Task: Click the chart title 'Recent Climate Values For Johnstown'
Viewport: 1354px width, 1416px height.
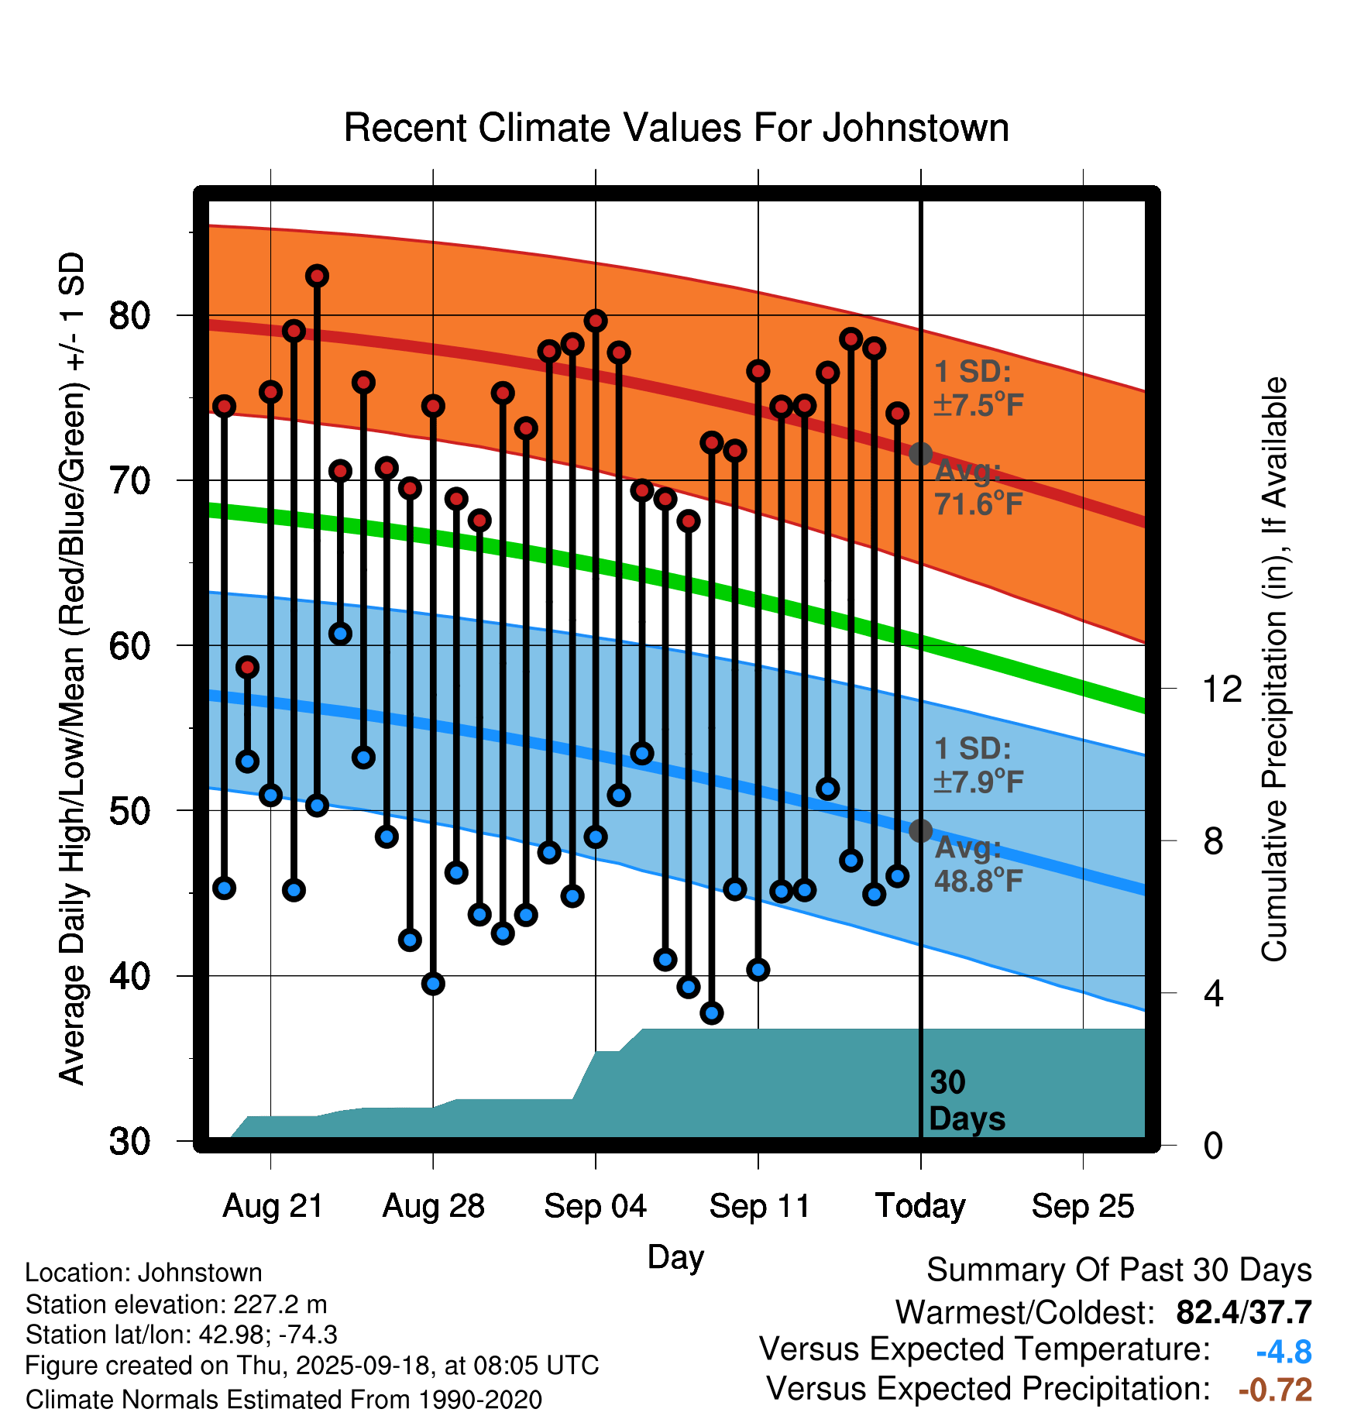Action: point(676,128)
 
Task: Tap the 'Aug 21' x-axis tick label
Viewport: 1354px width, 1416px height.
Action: point(273,1206)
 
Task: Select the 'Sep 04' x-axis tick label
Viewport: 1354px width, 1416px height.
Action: point(595,1206)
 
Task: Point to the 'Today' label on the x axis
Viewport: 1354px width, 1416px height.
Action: point(920,1206)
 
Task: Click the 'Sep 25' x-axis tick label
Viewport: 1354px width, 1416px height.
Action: point(1082,1206)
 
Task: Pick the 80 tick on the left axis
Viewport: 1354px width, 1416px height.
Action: point(129,316)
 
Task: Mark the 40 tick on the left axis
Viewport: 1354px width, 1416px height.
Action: point(129,976)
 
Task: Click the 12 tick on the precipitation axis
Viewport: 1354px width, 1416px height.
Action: point(1222,689)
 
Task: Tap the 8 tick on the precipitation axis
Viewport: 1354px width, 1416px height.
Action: point(1213,841)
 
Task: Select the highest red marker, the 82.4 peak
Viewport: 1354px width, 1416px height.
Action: point(317,276)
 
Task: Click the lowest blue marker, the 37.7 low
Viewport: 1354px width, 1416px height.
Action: point(712,1012)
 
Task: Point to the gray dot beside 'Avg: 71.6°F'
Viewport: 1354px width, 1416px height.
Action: point(920,453)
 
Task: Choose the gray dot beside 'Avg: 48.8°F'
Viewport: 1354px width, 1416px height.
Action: point(920,830)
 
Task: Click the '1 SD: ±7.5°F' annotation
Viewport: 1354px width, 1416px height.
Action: point(978,388)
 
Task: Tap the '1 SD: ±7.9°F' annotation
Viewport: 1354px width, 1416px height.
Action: point(978,765)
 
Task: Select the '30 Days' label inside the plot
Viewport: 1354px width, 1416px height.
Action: point(966,1101)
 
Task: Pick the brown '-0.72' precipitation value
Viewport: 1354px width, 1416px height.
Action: point(1275,1390)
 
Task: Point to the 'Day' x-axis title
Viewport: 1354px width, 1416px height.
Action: point(675,1256)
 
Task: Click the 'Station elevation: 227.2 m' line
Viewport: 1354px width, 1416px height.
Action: point(176,1304)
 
